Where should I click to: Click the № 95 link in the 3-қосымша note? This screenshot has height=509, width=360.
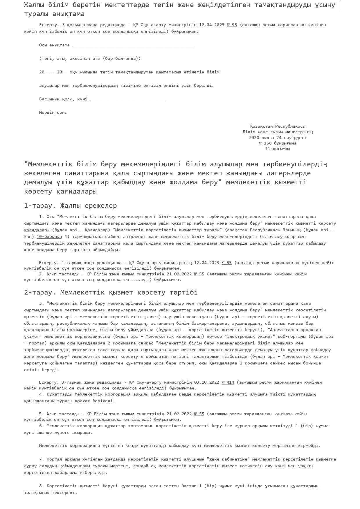click(x=232, y=25)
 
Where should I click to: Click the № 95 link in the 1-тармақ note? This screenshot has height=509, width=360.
click(x=226, y=263)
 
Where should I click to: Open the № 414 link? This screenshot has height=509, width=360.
click(x=228, y=382)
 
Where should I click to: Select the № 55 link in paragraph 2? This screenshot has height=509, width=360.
click(x=199, y=274)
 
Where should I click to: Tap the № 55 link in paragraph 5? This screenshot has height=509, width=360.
click(x=199, y=414)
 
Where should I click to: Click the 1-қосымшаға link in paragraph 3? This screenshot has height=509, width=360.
click(x=253, y=363)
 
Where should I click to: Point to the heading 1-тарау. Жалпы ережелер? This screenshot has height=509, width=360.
click(x=71, y=206)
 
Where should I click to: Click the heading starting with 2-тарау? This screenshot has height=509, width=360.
click(x=111, y=292)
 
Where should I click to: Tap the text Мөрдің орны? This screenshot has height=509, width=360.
click(x=53, y=112)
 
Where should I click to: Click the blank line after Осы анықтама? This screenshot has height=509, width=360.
click(x=133, y=46)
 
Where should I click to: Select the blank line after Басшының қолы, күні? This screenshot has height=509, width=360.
click(x=128, y=100)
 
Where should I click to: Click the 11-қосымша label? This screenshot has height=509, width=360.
click(x=278, y=149)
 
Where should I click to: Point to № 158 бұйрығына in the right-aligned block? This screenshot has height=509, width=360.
click(x=278, y=143)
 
